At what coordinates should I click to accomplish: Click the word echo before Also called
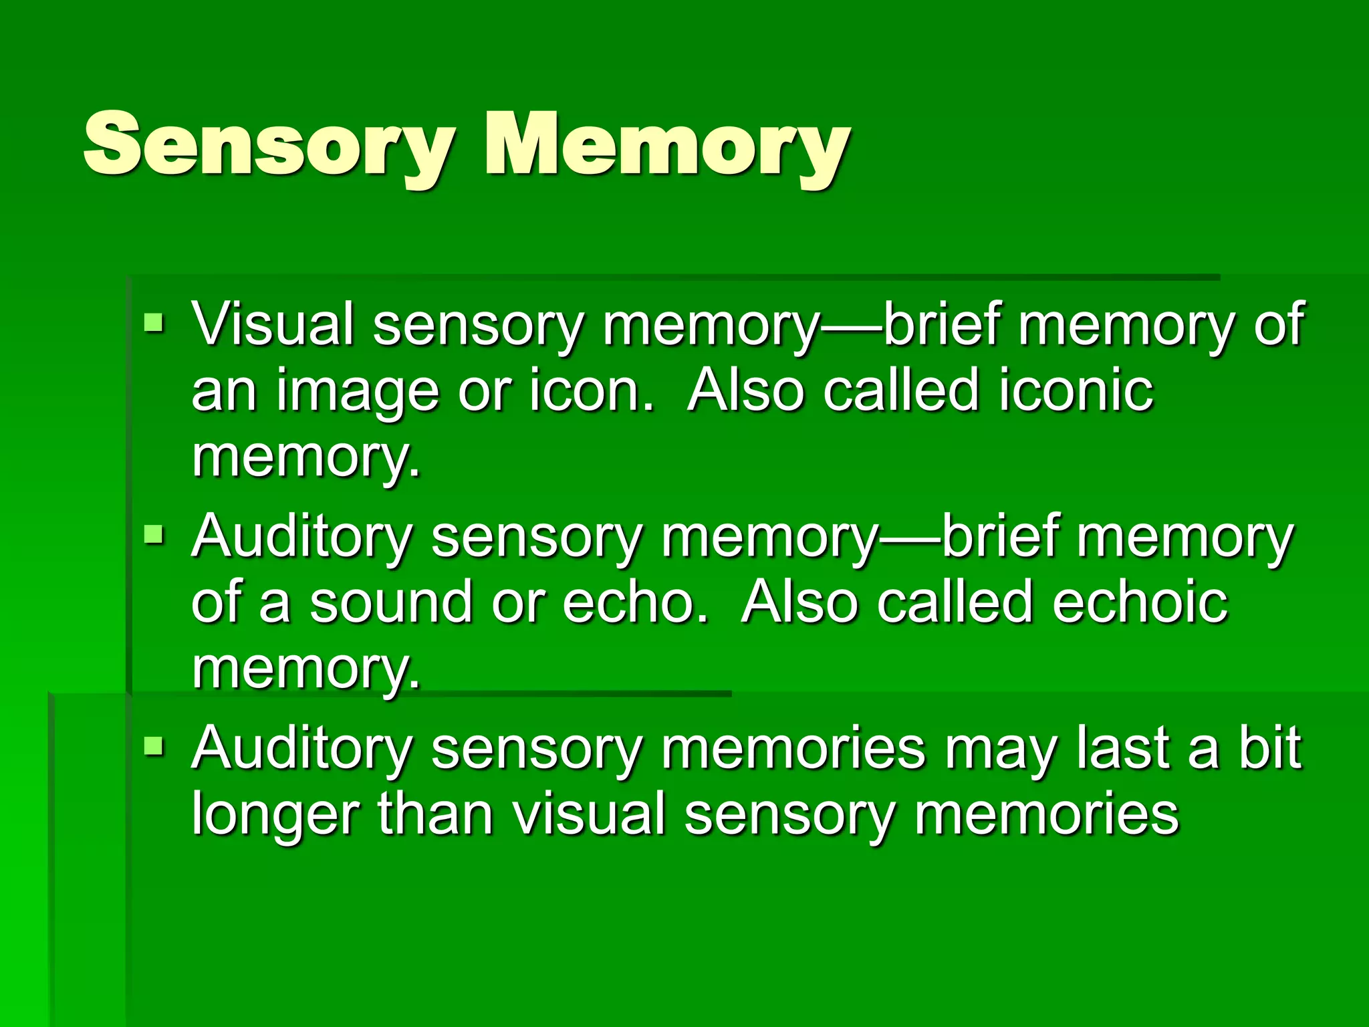click(635, 602)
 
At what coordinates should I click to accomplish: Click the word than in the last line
click(435, 814)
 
